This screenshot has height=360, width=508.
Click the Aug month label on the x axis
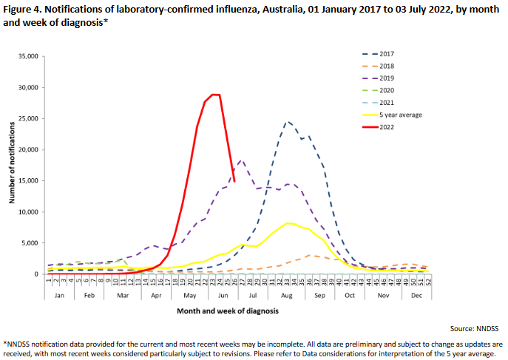[x=288, y=294]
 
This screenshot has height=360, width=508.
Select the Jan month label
[x=60, y=294]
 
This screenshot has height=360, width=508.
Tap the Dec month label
[x=416, y=294]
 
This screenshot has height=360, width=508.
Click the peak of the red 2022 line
[x=215, y=95]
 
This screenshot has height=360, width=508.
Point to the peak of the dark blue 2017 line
[x=288, y=121]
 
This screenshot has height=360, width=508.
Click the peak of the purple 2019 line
[x=241, y=160]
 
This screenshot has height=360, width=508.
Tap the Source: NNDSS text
[x=475, y=327]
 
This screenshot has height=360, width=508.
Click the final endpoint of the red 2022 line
[x=234, y=180]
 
